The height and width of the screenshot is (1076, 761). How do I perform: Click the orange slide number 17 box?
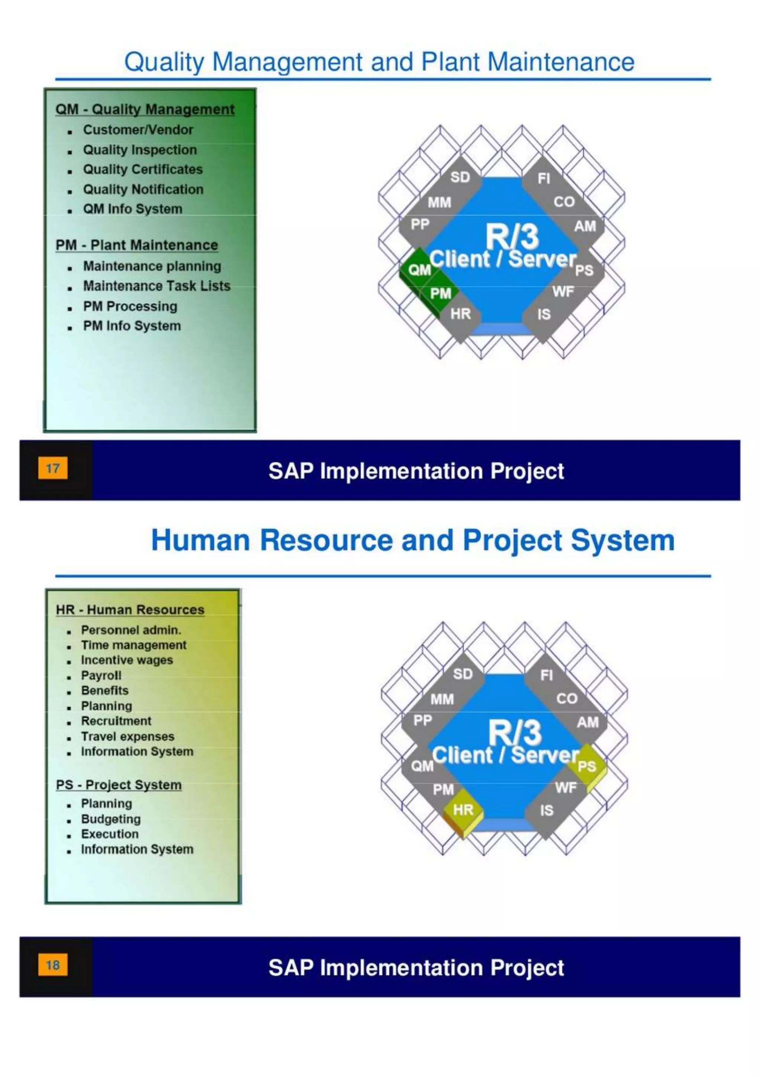tap(52, 468)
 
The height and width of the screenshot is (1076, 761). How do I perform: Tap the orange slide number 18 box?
tap(52, 965)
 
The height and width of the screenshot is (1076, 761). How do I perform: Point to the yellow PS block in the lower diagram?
tap(586, 766)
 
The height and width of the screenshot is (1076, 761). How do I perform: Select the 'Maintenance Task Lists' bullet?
tap(156, 286)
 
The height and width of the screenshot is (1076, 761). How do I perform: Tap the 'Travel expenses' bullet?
tap(127, 736)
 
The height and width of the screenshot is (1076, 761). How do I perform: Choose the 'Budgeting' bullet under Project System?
tap(111, 819)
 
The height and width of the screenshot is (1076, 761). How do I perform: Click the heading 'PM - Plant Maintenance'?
tap(136, 245)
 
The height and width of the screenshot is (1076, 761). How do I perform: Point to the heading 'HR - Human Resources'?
tap(130, 610)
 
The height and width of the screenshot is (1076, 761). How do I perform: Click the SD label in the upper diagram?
tap(460, 177)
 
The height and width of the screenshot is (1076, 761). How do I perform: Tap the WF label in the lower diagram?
tap(566, 788)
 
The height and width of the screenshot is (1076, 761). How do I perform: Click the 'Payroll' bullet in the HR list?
tap(101, 675)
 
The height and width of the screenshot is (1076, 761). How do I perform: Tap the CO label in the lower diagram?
tap(567, 698)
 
